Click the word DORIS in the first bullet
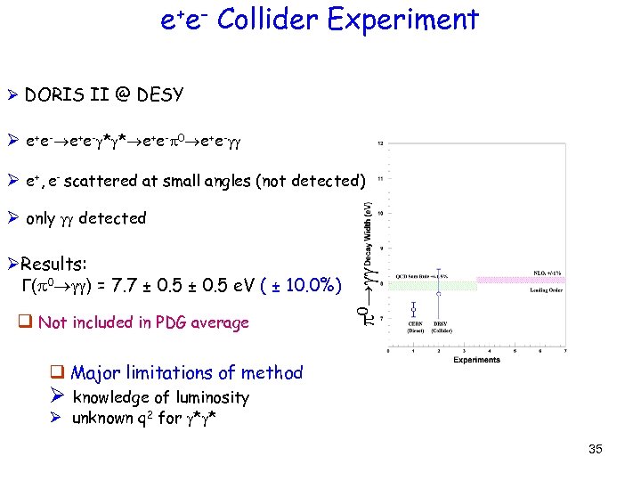52,94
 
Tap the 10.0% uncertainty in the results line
307,287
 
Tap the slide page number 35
595,449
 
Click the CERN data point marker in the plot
414,309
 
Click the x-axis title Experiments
476,360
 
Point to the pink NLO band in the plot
515,280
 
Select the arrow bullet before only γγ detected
12,218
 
